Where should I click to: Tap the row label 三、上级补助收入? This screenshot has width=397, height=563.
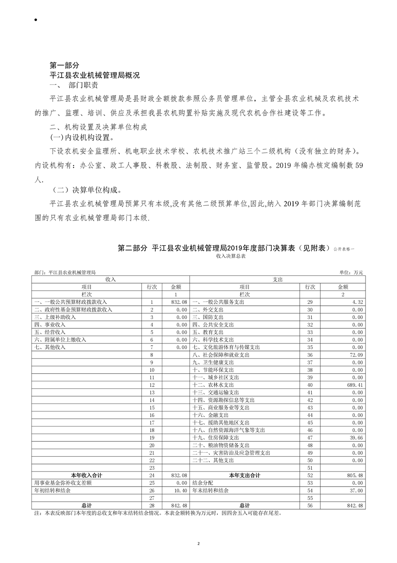[x=55, y=317]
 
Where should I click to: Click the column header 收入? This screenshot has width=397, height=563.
[x=110, y=280]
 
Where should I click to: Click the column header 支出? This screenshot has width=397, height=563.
[x=278, y=280]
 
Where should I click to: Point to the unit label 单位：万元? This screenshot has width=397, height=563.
[x=351, y=272]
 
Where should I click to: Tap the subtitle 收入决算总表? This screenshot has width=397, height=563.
[x=231, y=256]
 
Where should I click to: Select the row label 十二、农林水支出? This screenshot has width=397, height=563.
[x=213, y=385]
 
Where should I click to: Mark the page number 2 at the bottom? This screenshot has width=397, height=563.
[x=199, y=543]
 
